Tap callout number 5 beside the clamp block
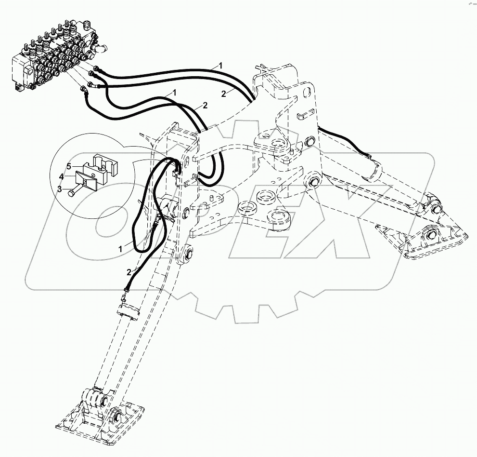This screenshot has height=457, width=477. (69, 166)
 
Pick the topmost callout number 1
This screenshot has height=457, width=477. (221, 65)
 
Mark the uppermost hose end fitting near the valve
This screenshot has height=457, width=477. (98, 69)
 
